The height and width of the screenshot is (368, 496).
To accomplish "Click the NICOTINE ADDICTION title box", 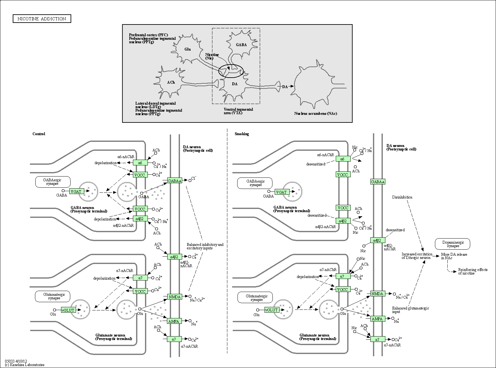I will click(42, 19).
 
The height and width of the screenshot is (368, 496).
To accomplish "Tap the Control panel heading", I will click(39, 134).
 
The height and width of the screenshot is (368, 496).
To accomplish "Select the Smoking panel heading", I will click(242, 134).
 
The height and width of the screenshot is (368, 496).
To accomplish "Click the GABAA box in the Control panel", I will click(174, 181).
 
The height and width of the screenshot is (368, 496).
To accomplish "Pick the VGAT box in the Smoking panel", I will click(281, 192).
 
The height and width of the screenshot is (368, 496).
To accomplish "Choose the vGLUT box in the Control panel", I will click(68, 310).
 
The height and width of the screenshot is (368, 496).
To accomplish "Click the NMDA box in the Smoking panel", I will click(377, 294).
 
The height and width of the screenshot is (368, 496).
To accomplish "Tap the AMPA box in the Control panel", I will click(174, 321).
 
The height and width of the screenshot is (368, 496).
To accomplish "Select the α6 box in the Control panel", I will click(140, 163).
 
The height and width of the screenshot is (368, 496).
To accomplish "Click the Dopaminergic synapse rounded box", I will click(453, 244).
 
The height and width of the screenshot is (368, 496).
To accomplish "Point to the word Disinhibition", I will click(402, 197).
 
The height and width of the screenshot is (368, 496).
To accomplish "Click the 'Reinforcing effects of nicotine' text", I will click(472, 271).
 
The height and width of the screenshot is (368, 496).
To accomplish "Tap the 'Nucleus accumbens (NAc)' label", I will click(315, 114).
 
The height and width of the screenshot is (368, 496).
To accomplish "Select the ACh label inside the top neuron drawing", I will click(171, 82).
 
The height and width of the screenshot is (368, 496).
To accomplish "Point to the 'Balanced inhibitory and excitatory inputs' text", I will click(205, 246).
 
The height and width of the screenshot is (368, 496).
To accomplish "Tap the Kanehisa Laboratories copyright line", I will click(25, 365).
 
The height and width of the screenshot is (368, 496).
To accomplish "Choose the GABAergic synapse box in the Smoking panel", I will click(255, 183).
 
